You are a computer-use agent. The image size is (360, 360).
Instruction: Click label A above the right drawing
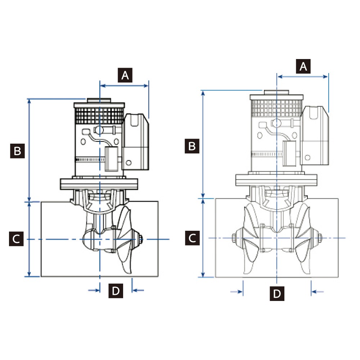coord(303,67)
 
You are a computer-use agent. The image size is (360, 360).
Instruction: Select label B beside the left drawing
coord(17,151)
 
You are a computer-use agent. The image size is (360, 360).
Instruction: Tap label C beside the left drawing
coord(16,239)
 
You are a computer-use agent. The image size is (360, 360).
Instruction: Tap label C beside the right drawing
coord(192,238)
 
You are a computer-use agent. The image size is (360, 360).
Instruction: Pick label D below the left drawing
coord(116,291)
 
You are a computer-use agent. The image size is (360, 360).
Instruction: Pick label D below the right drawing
coord(277,293)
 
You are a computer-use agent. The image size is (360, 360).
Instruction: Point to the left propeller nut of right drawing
coord(233,238)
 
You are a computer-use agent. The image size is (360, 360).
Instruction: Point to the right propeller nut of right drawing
coord(319,238)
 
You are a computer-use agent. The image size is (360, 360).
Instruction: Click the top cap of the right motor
coord(276,92)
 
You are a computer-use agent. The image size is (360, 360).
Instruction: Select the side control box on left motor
coord(136,142)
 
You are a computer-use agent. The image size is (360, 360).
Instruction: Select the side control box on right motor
coord(315,135)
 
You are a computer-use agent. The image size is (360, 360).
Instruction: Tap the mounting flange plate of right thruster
coord(276,180)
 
